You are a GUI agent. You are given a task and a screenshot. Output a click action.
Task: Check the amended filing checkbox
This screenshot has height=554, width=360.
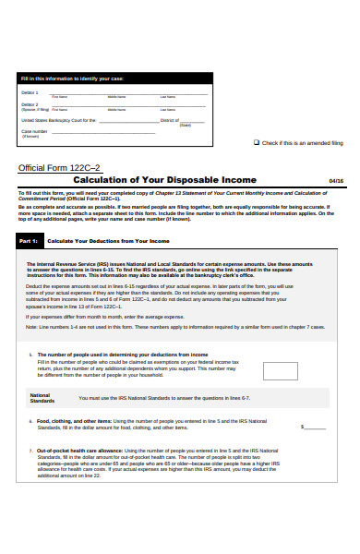tap(257, 143)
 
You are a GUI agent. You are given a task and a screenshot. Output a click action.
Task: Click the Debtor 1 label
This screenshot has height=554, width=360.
tap(30, 93)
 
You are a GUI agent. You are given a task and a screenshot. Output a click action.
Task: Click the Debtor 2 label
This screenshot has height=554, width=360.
tap(30, 105)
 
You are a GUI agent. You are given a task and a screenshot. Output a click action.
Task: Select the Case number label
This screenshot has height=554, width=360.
tap(33, 131)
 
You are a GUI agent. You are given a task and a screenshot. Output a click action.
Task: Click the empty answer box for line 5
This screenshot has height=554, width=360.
tap(280, 370)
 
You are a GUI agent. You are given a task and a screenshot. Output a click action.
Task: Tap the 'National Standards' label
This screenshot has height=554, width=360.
tap(42, 399)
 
